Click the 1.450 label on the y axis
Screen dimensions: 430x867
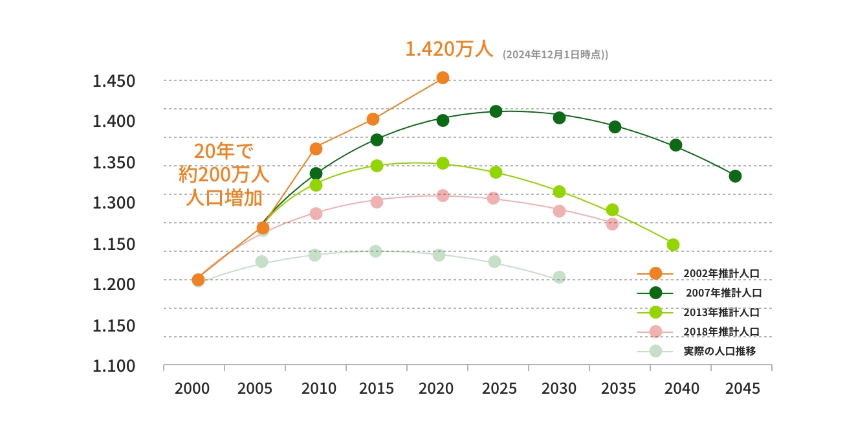pyautogui.click(x=113, y=82)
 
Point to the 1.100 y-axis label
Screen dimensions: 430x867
pyautogui.click(x=113, y=366)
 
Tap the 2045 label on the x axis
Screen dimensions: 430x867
pyautogui.click(x=742, y=389)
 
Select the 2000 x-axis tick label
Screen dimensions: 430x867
pyautogui.click(x=192, y=389)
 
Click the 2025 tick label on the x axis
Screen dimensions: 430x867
pyautogui.click(x=499, y=389)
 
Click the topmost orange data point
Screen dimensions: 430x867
pyautogui.click(x=443, y=78)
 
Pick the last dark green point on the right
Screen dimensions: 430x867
pyautogui.click(x=735, y=176)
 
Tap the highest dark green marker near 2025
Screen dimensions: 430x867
pyautogui.click(x=496, y=111)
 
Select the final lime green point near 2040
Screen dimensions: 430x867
pyautogui.click(x=673, y=245)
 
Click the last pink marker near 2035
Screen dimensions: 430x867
pyautogui.click(x=612, y=224)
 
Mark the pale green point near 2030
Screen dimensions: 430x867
pyautogui.click(x=559, y=277)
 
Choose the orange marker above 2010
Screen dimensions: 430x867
pyautogui.click(x=316, y=149)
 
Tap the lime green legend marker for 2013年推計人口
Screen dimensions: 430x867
pyautogui.click(x=655, y=312)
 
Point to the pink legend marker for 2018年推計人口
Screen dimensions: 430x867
pyautogui.click(x=655, y=332)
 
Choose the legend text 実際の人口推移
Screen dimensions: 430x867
pyautogui.click(x=719, y=351)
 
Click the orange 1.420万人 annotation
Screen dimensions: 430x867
pyautogui.click(x=449, y=49)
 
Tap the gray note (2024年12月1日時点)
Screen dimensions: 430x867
pyautogui.click(x=555, y=55)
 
